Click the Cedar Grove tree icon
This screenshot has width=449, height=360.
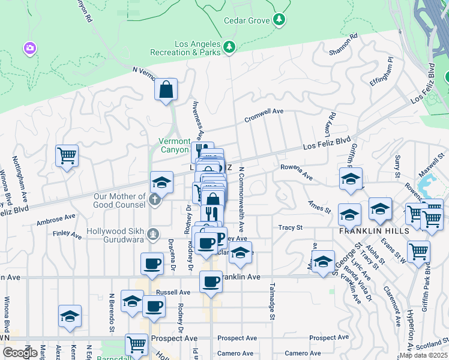[279, 20]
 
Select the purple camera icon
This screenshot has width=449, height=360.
[29, 47]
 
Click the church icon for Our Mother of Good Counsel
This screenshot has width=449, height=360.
[155, 200]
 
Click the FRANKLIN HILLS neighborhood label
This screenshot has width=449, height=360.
[375, 231]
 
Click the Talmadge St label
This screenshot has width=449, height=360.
[272, 302]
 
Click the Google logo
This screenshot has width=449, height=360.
[20, 353]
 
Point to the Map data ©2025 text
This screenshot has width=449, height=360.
[423, 355]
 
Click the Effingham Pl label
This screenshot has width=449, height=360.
[381, 71]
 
